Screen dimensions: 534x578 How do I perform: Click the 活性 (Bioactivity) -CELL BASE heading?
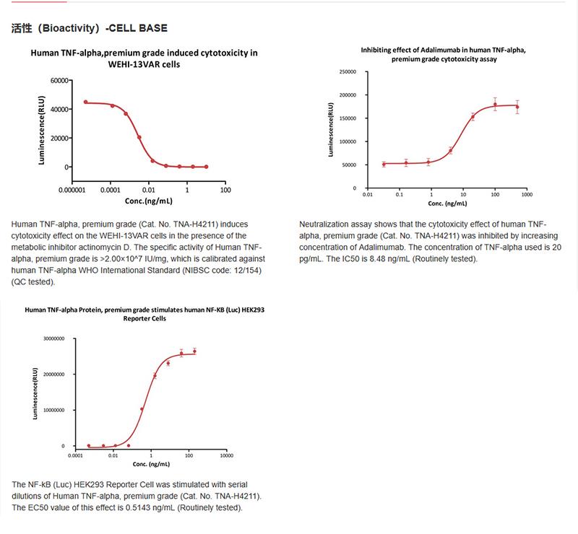[x=90, y=29]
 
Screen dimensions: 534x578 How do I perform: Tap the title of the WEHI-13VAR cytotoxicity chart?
[x=144, y=58]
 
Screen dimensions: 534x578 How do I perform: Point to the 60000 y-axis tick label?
[x=59, y=80]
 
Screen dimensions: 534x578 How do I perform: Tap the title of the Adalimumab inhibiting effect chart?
[x=444, y=55]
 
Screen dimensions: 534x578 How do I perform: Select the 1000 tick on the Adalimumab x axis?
[x=526, y=195]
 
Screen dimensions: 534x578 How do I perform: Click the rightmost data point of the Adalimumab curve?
[x=517, y=107]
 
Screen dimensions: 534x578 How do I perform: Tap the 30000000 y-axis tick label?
[x=53, y=338]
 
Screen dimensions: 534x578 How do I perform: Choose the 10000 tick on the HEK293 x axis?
[x=225, y=456]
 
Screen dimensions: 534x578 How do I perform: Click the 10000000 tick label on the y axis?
[x=53, y=410]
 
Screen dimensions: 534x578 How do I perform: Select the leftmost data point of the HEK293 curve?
[x=89, y=446]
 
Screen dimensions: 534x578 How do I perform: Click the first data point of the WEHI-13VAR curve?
[x=85, y=102]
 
